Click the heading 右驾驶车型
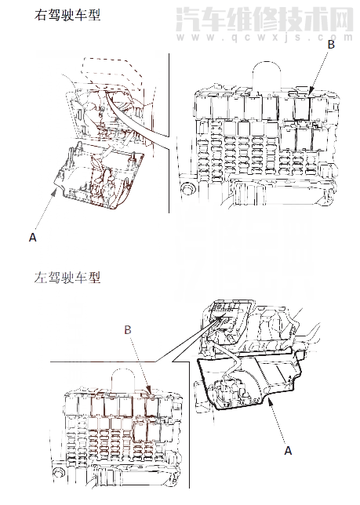pos(67,15)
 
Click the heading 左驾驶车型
pos(67,278)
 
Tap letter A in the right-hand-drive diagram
pos(32,238)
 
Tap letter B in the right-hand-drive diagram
pos(331,44)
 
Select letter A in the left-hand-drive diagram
pos(288,451)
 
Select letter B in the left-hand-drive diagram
pos(128,330)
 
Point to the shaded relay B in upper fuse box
pos(302,108)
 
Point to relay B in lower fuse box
pos(151,407)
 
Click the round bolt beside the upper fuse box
pos(187,189)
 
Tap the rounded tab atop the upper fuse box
pos(267,74)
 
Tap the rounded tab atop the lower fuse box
pos(123,381)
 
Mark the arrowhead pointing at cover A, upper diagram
pos(56,191)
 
